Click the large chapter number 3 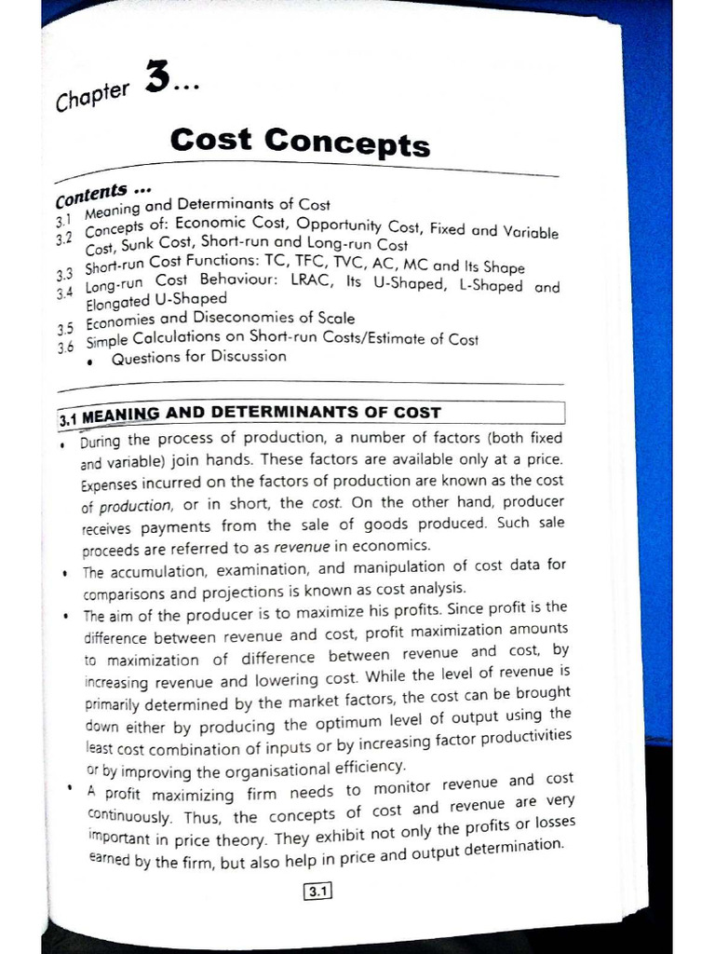point(157,79)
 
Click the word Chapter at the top point(93,95)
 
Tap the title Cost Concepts point(300,142)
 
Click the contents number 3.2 point(63,239)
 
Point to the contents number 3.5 point(64,328)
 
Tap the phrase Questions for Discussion point(198,357)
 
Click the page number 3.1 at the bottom point(317,892)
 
